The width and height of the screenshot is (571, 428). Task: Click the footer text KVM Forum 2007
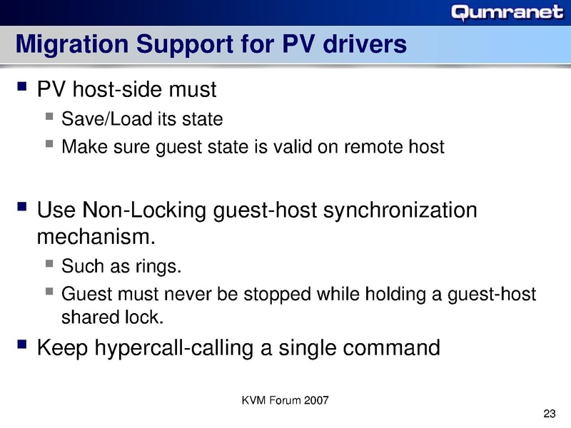click(285, 400)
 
